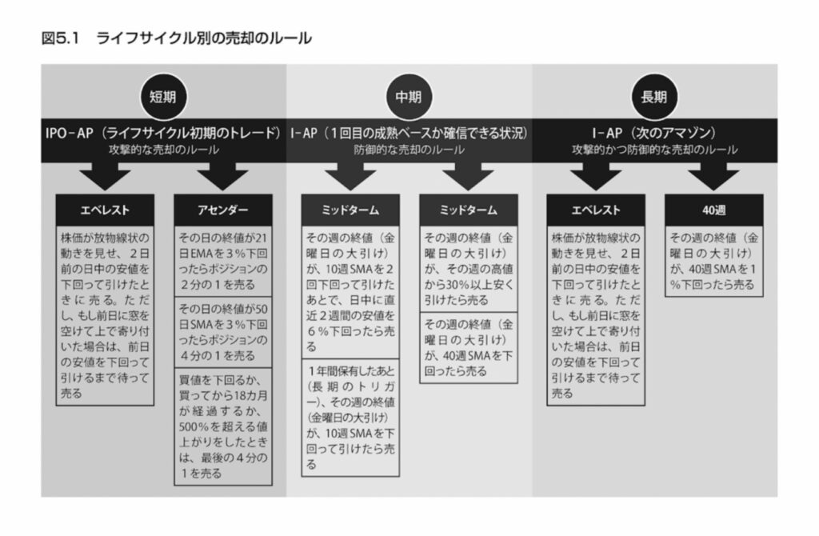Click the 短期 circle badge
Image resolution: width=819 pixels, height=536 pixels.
click(x=162, y=97)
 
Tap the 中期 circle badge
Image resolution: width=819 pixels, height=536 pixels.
click(x=409, y=97)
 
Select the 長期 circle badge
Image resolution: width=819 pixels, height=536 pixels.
click(x=654, y=97)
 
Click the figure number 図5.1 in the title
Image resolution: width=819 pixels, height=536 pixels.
click(x=60, y=38)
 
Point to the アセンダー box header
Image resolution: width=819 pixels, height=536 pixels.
click(x=223, y=210)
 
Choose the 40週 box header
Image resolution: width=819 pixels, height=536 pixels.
click(x=714, y=210)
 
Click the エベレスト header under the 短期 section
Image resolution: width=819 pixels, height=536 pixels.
click(x=105, y=210)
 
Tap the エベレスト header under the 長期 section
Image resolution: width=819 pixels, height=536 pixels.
click(x=596, y=210)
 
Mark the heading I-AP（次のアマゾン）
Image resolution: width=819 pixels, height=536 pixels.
click(x=654, y=134)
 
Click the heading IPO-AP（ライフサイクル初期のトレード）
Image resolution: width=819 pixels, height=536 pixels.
click(x=163, y=134)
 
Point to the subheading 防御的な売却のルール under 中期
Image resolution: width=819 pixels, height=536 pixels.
click(x=409, y=150)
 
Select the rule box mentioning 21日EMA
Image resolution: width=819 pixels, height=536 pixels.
click(x=223, y=262)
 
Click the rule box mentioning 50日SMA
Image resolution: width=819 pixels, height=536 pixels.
click(x=223, y=332)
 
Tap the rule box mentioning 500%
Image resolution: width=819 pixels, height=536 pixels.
click(x=223, y=426)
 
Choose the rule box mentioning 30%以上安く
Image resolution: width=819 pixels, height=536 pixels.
click(x=469, y=269)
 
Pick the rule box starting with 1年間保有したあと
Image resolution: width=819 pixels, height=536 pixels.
click(x=350, y=418)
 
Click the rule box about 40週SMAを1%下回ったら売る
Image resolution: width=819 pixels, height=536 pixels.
click(x=714, y=262)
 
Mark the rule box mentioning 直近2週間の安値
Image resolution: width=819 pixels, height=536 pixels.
click(x=350, y=292)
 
